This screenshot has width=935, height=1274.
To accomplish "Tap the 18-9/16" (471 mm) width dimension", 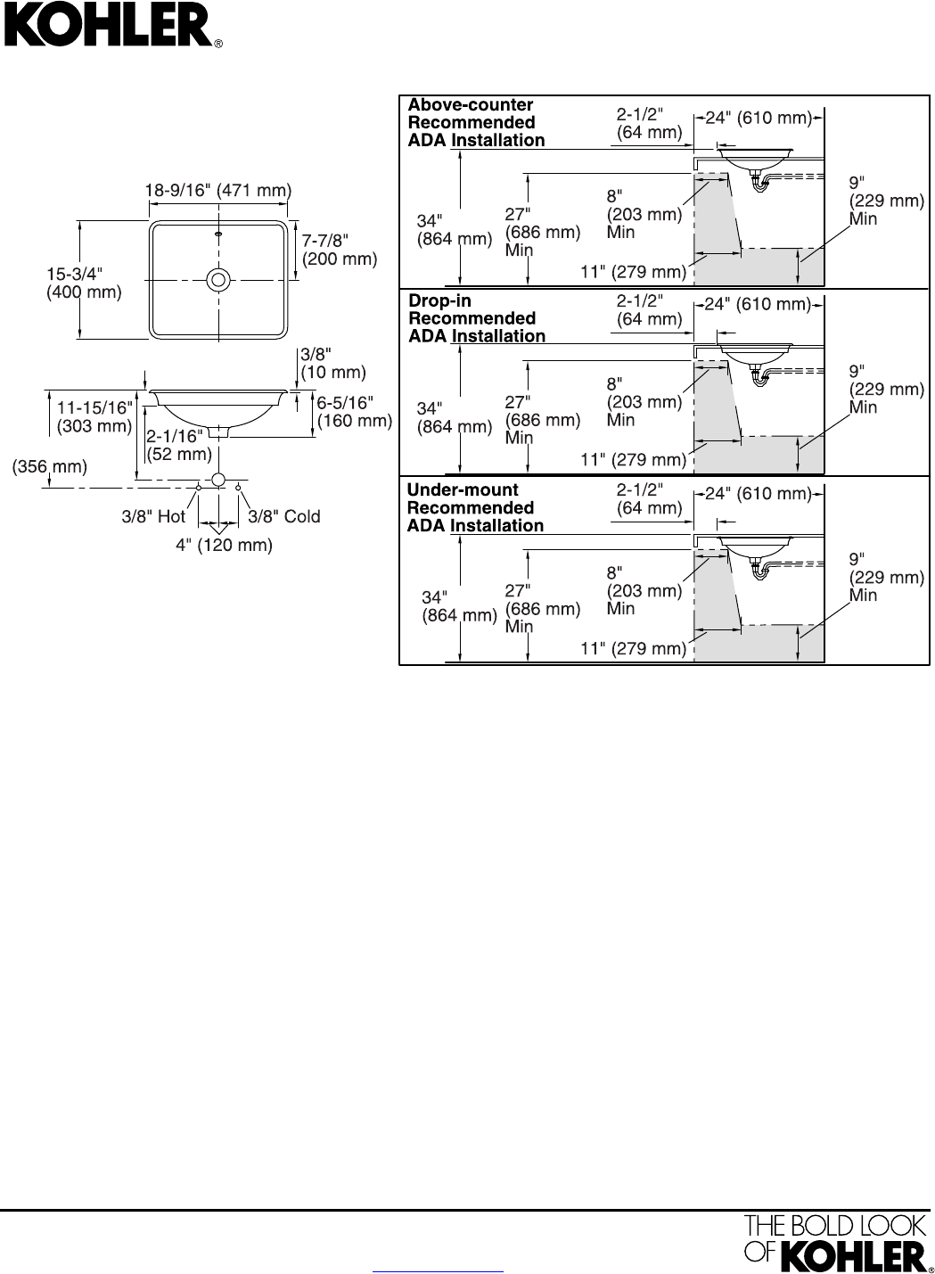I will coord(218,190).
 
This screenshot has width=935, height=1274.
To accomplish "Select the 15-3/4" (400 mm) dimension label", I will coord(84,283).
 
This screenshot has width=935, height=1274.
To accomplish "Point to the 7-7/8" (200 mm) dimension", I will coord(340,250).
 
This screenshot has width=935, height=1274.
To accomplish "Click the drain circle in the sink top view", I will coord(217,280).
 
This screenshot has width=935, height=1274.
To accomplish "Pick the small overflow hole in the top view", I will coord(218,235).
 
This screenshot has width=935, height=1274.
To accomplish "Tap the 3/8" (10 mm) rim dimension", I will coord(333,363).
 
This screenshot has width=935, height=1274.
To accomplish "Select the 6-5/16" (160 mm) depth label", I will coord(355,412).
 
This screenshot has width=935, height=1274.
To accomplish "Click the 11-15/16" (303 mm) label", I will coord(94,416).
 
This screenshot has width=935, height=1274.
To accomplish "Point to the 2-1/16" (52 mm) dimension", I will coord(179,445).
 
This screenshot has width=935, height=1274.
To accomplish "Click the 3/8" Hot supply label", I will coord(153,516).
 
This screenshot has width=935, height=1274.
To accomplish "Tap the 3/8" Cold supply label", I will coord(283,516).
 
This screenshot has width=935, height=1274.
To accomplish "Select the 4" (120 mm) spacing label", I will coord(224,545).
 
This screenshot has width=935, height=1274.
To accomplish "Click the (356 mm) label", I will coord(50,466).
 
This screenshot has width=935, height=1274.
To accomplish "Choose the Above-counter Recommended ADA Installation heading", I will coord(476,122).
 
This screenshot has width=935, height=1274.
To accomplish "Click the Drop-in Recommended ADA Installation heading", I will coord(477,318).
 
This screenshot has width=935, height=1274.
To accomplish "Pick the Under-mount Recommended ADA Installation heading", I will coord(475,507).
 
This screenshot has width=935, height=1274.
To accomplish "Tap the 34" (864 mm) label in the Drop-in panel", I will coord(455,417).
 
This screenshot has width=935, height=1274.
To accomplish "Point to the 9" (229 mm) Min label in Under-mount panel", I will coord(886,577).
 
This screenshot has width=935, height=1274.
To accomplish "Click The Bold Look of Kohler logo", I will coord(835,1241).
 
